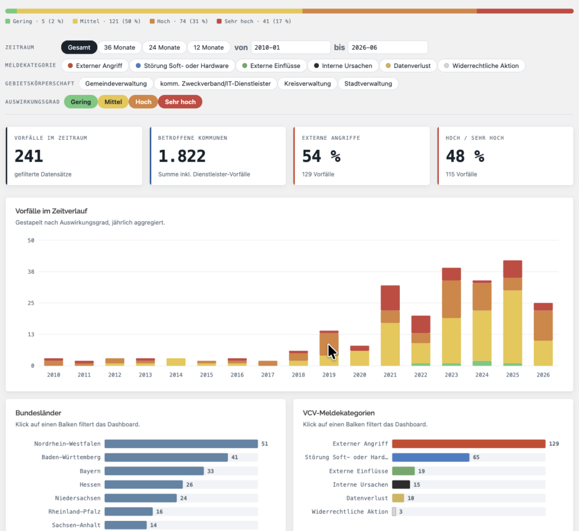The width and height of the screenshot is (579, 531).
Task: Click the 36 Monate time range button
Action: coord(119,48)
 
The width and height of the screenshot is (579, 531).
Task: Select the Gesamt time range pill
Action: coord(79,48)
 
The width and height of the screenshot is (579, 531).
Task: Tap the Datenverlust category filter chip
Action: coord(408,66)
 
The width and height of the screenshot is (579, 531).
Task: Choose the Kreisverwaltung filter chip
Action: coord(307,84)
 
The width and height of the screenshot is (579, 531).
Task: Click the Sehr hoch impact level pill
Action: coord(180,102)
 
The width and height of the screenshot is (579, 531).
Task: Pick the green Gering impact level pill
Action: coord(80,102)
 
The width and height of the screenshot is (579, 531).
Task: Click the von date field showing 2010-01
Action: coord(291,48)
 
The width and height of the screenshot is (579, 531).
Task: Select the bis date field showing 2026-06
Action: coord(388,48)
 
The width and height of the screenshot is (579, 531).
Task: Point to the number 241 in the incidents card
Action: coord(29,156)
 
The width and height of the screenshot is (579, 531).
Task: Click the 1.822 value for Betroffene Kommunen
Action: coord(182,156)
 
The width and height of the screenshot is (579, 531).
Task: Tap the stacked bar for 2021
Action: coord(390,325)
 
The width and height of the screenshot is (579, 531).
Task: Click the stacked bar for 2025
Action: coord(512,313)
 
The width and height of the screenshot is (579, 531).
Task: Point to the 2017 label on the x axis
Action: coord(267,375)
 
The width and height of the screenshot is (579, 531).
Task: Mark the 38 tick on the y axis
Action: coord(31,272)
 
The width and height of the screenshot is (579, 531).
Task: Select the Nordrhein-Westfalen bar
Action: coord(181,443)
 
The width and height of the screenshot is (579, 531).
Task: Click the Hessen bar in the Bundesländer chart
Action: coord(144,485)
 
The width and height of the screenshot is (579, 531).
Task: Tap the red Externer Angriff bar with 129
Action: coord(469,443)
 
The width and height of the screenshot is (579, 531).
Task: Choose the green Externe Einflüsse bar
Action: coord(403,471)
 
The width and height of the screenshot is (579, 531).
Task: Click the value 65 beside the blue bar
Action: coord(476,457)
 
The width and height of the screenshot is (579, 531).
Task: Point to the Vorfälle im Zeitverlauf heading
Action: coord(51,211)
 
